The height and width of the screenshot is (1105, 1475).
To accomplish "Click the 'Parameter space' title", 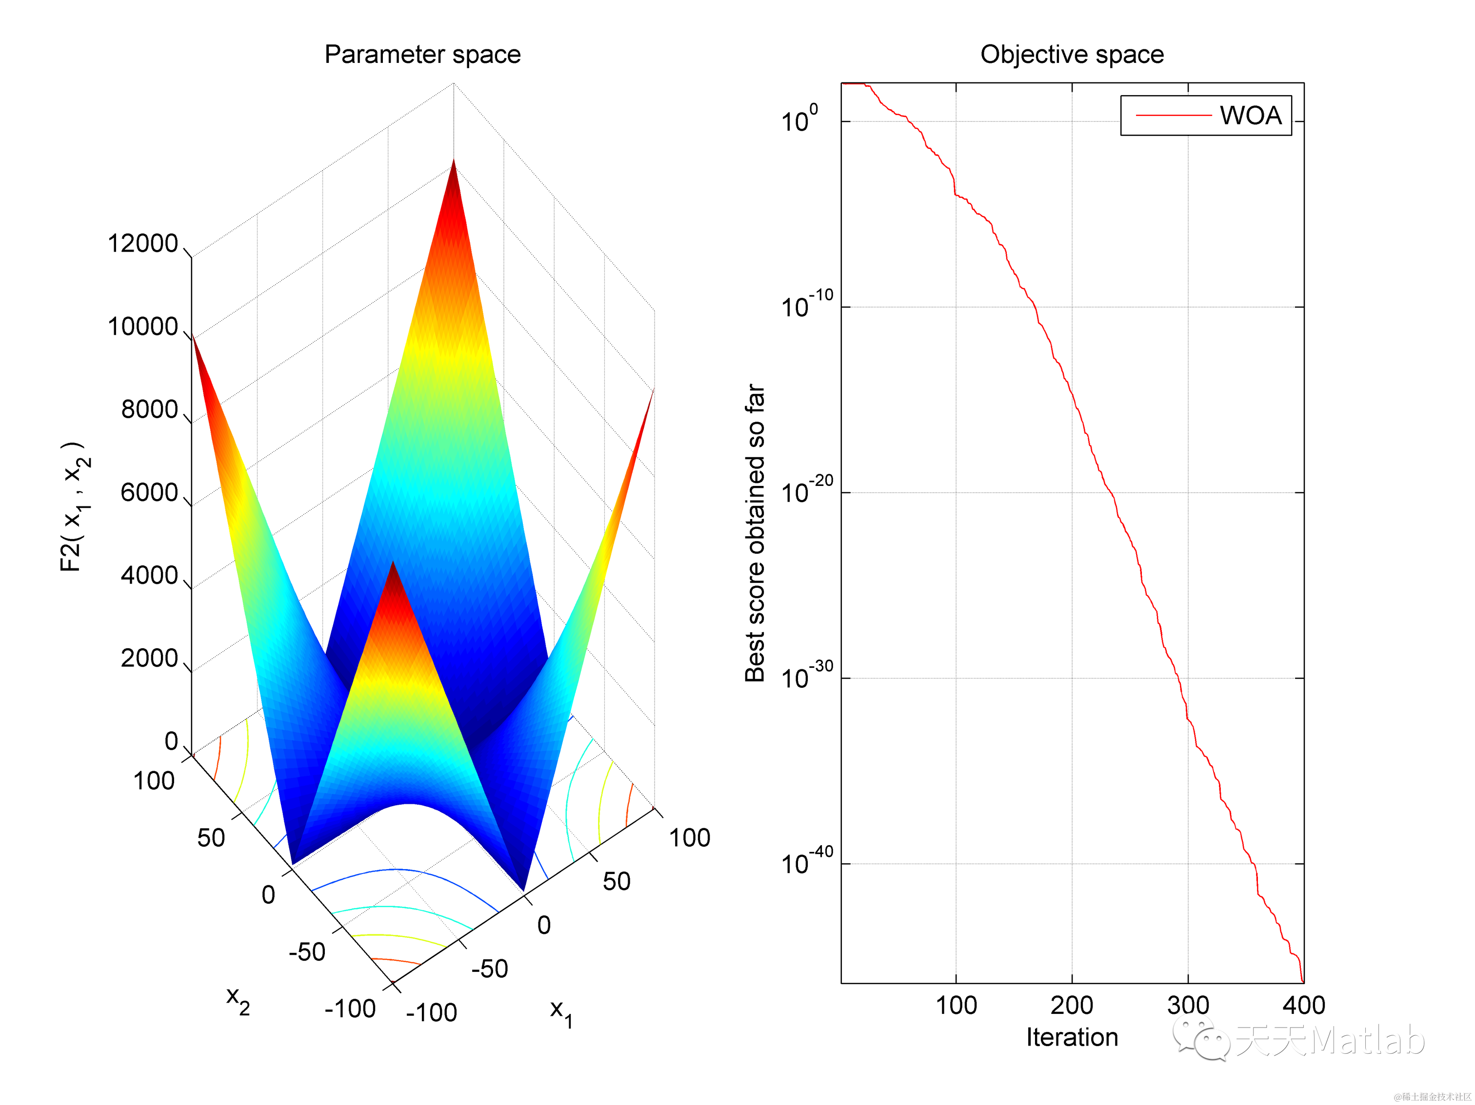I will coord(422,55).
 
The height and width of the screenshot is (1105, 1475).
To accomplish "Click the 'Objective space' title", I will coord(1072,55).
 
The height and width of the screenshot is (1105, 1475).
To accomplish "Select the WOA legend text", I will coord(1250,116).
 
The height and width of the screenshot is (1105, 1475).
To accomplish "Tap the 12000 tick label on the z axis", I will coord(143,244).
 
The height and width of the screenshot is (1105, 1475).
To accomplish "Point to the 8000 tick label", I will coord(149,410).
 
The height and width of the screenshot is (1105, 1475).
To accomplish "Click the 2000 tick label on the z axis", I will coord(149,659).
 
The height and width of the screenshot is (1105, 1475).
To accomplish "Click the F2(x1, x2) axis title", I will coord(75,506).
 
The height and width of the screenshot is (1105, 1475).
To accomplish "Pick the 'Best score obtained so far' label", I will coord(755,533).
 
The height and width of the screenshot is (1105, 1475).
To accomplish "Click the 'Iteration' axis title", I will coord(1072,1038).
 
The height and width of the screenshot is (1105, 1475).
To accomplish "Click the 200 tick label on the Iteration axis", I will coord(1072,1005).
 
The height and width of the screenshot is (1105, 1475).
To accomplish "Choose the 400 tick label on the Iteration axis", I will coord(1304,1005).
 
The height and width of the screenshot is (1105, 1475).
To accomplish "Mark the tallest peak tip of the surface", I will coord(454,161).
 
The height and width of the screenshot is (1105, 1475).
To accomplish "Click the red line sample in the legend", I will coord(1173,116).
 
